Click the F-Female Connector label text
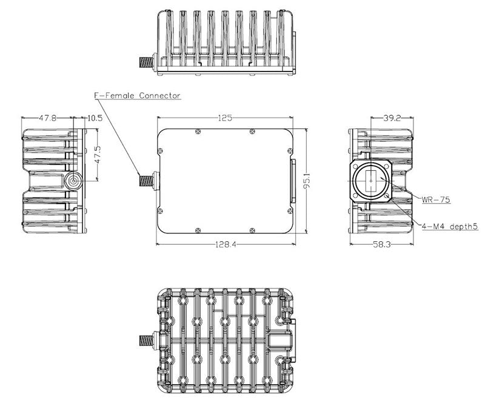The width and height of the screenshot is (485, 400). point(136,96)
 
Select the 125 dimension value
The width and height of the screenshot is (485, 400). point(225,118)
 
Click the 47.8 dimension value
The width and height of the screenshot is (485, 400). point(47,118)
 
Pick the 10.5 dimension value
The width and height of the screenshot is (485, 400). point(95,118)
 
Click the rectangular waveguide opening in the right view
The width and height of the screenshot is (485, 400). point(371,181)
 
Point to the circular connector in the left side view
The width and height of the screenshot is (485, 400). point(74,181)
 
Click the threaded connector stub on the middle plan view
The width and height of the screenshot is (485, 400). point(145,180)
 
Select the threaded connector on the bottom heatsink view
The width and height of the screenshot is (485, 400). point(146,341)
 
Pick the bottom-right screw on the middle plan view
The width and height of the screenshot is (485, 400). point(252,230)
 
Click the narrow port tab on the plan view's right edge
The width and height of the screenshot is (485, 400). point(294,181)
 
